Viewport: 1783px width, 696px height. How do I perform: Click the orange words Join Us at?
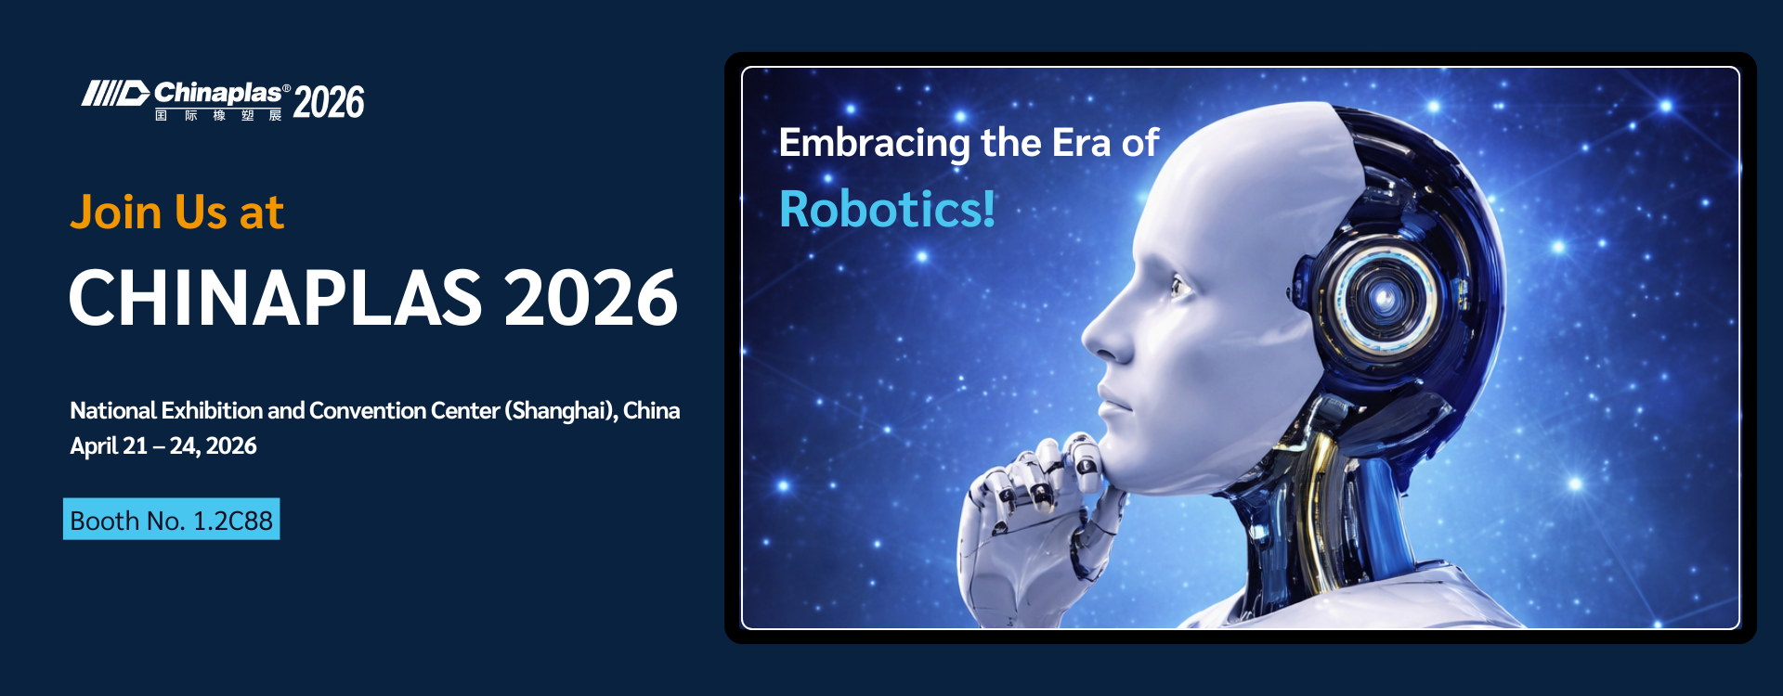[176, 213]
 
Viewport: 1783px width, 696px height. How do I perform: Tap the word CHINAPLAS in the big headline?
[275, 298]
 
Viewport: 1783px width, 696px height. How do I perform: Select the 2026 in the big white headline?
[591, 298]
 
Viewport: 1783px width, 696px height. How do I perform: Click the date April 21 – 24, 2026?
[163, 446]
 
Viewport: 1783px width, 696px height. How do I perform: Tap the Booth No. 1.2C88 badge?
[172, 520]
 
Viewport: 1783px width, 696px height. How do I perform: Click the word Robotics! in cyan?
[888, 209]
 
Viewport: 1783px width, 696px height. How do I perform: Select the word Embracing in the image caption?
[875, 144]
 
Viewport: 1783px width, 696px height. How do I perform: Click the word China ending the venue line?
[651, 411]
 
